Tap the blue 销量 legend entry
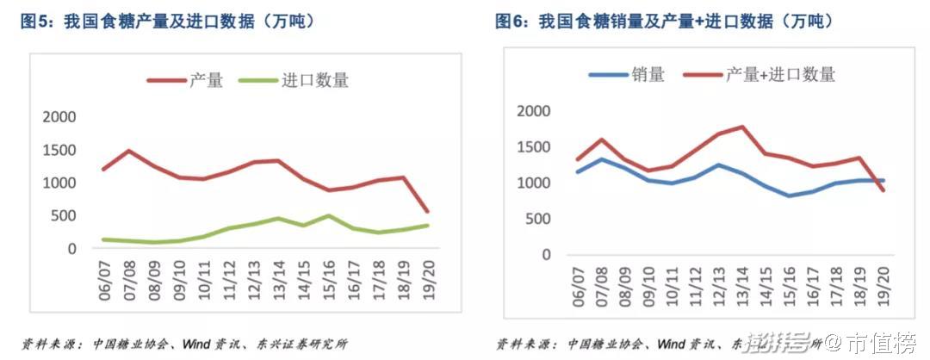pos(626,74)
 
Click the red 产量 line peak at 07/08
pos(129,151)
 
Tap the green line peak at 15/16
pos(329,215)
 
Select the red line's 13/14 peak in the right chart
pos(741,127)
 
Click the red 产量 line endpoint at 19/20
pos(428,210)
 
